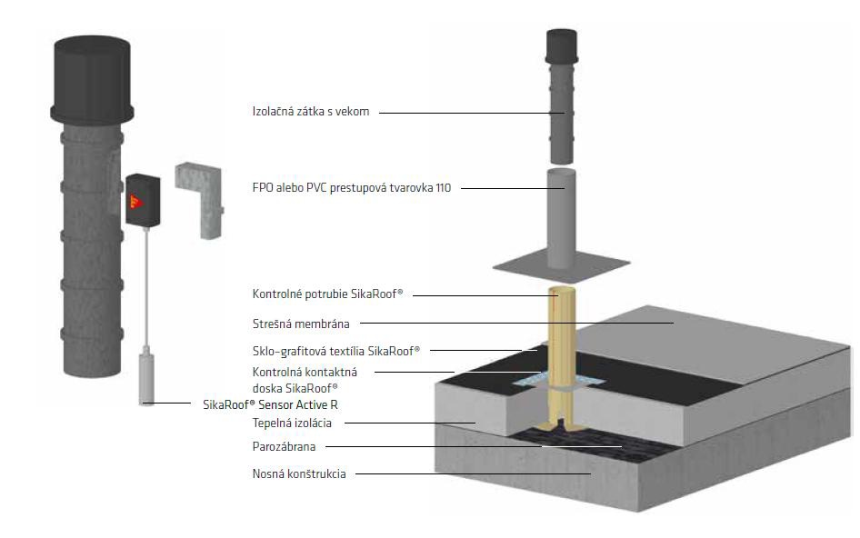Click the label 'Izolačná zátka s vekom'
pyautogui.click(x=310, y=112)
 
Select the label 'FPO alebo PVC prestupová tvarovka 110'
pyautogui.click(x=351, y=188)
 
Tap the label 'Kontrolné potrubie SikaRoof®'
pyautogui.click(x=327, y=294)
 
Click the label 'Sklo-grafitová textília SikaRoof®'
pyautogui.click(x=335, y=350)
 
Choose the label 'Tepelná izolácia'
pyautogui.click(x=292, y=423)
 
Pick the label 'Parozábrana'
pyautogui.click(x=282, y=446)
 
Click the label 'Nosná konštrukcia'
pyautogui.click(x=298, y=473)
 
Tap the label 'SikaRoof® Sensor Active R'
pyautogui.click(x=275, y=404)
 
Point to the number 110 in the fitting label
pyautogui.click(x=441, y=188)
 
